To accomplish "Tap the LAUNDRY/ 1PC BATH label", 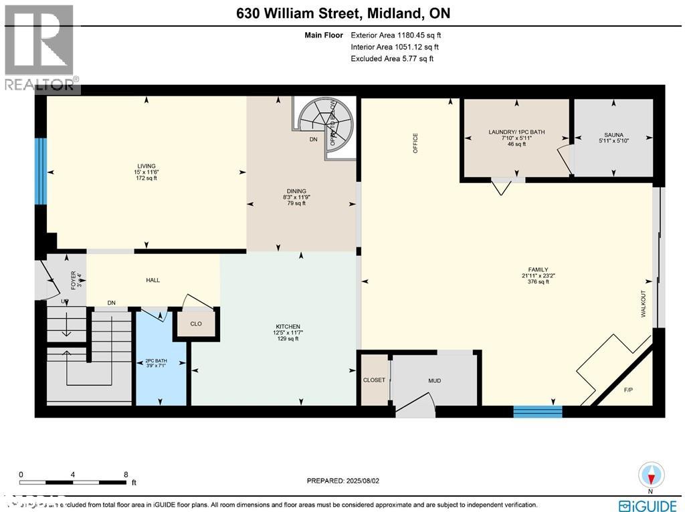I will tap(516, 132).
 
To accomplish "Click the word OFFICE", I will tap(415, 143).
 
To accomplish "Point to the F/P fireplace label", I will tap(628, 389).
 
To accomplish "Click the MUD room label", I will tap(435, 380).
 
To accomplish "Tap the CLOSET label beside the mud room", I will tap(374, 380).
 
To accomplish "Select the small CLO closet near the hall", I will tap(196, 324).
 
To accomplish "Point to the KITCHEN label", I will tap(286, 326).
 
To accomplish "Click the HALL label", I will tap(153, 280).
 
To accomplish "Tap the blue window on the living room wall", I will tap(41, 172).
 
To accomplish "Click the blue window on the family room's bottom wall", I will tap(537, 411).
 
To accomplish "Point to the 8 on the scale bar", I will tap(125, 475).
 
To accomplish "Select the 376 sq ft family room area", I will tap(538, 281).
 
